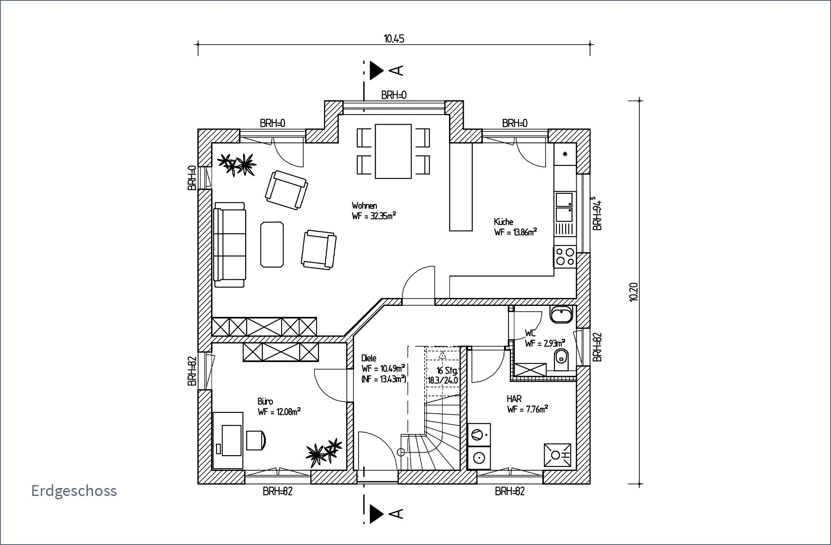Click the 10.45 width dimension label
394,39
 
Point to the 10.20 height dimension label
633,292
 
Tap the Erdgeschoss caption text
74,491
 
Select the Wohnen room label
364,205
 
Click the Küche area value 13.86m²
515,232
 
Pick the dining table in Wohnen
393,151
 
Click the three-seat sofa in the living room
229,245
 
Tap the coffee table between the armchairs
272,244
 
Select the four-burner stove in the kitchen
565,256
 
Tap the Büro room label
265,401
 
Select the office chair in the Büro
255,440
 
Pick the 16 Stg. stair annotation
447,370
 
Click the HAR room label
514,399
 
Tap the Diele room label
369,358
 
